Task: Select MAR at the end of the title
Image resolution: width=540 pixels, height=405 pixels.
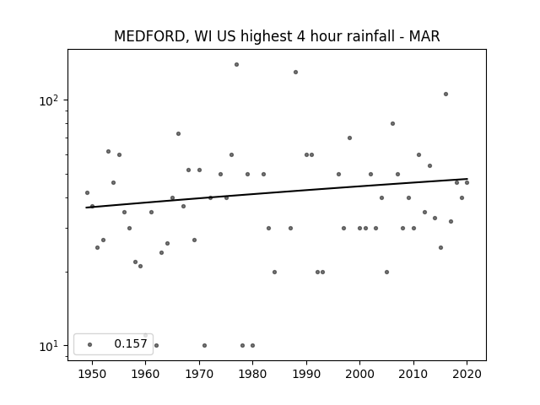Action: (424, 36)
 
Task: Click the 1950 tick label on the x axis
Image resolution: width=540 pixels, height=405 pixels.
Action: (92, 374)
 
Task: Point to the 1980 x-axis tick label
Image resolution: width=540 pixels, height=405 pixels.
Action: (252, 374)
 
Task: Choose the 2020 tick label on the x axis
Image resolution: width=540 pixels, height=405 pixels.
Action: (467, 374)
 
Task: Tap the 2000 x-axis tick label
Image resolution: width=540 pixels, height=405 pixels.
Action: (360, 374)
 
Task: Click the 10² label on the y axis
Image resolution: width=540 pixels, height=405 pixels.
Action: (49, 101)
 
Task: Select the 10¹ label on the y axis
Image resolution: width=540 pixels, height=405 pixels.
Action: (49, 346)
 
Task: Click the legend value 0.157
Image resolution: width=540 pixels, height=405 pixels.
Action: (131, 343)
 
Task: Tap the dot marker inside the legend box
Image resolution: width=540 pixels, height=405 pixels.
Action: (90, 344)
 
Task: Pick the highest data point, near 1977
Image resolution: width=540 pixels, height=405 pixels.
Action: (236, 64)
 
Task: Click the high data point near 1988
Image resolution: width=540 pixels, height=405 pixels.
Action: (295, 72)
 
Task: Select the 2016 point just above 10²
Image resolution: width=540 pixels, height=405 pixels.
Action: (445, 94)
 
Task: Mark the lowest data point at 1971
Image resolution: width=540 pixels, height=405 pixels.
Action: (204, 345)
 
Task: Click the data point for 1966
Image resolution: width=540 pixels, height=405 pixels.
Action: (178, 133)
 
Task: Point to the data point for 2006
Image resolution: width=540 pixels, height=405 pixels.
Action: (392, 124)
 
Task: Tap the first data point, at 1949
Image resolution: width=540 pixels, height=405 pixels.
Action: (87, 193)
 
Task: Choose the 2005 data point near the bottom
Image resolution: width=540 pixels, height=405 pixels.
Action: (386, 272)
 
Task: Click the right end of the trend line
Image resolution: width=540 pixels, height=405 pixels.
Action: (467, 179)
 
